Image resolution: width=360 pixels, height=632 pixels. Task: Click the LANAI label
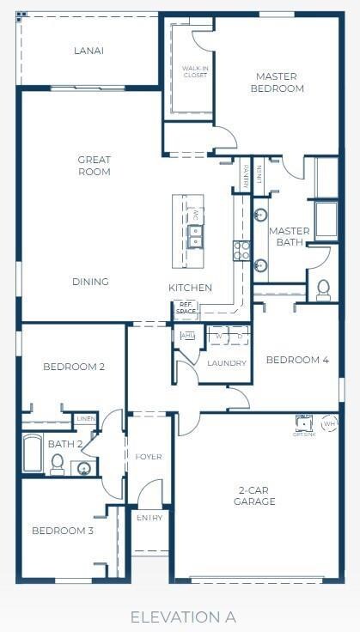(x=88, y=51)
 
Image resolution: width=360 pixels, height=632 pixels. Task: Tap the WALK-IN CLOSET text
(x=195, y=71)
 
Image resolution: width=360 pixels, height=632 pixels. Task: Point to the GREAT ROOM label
(x=94, y=166)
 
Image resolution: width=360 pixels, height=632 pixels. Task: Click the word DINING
(x=90, y=282)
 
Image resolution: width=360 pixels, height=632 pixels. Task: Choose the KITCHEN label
(x=190, y=288)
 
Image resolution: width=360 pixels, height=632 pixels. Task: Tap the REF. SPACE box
(x=186, y=308)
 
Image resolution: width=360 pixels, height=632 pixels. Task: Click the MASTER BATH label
(x=289, y=237)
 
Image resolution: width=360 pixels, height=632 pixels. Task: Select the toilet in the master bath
(x=324, y=289)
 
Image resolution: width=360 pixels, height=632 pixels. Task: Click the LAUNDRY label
(x=227, y=363)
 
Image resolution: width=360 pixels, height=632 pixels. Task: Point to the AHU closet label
(x=187, y=336)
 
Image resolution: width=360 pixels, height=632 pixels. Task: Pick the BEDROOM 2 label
(x=74, y=367)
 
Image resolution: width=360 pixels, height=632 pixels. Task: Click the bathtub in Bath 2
(x=33, y=453)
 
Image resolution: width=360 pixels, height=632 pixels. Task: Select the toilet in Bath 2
(x=58, y=464)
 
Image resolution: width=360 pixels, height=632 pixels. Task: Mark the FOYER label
(x=149, y=457)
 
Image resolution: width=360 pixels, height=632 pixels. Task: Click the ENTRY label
(x=149, y=518)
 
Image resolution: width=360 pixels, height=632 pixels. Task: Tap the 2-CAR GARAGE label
(x=257, y=495)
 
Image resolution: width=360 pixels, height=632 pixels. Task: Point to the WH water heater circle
(x=329, y=424)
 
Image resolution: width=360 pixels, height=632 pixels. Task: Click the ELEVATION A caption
(x=183, y=617)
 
